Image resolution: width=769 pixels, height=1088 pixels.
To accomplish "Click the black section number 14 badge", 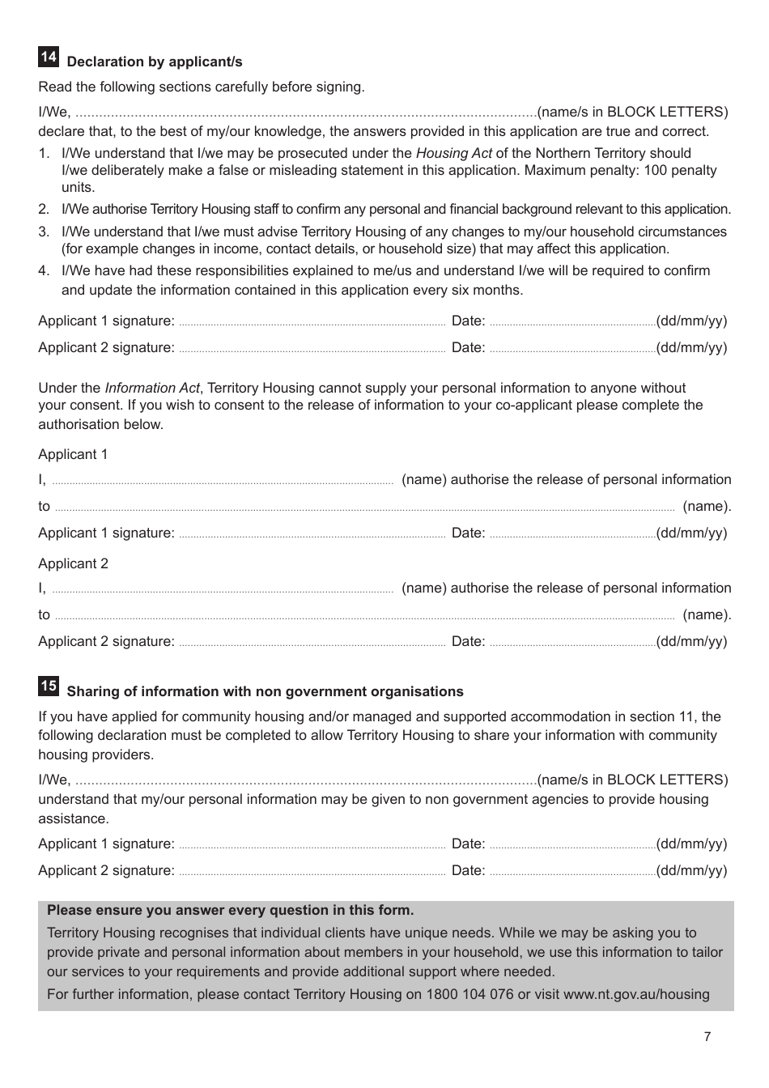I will (x=49, y=57).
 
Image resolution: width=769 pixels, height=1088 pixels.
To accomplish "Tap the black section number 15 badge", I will (x=49, y=686).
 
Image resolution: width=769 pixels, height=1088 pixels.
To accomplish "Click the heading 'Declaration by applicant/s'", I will (x=155, y=62).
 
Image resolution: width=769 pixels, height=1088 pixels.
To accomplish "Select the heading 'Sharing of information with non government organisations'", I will (x=265, y=692).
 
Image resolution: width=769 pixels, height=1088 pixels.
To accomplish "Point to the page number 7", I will (x=707, y=1037).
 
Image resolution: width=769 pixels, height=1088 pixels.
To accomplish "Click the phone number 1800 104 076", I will (x=469, y=994).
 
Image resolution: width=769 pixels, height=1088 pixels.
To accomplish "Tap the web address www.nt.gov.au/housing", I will (x=636, y=994).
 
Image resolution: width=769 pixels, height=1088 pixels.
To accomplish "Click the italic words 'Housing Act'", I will (x=453, y=153).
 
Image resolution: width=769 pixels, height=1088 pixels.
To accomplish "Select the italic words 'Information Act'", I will (x=152, y=388).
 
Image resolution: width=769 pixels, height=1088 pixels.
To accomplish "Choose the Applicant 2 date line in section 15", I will (x=572, y=873).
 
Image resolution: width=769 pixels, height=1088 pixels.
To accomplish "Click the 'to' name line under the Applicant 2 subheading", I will (x=364, y=617).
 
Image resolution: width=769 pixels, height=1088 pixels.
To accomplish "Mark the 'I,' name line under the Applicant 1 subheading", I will (x=223, y=482).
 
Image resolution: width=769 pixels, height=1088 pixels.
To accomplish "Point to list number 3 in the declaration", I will (x=44, y=232).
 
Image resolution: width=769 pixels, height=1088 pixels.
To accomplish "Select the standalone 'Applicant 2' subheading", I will (x=73, y=563).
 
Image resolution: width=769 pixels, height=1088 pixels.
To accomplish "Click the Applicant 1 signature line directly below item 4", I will (x=312, y=323).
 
